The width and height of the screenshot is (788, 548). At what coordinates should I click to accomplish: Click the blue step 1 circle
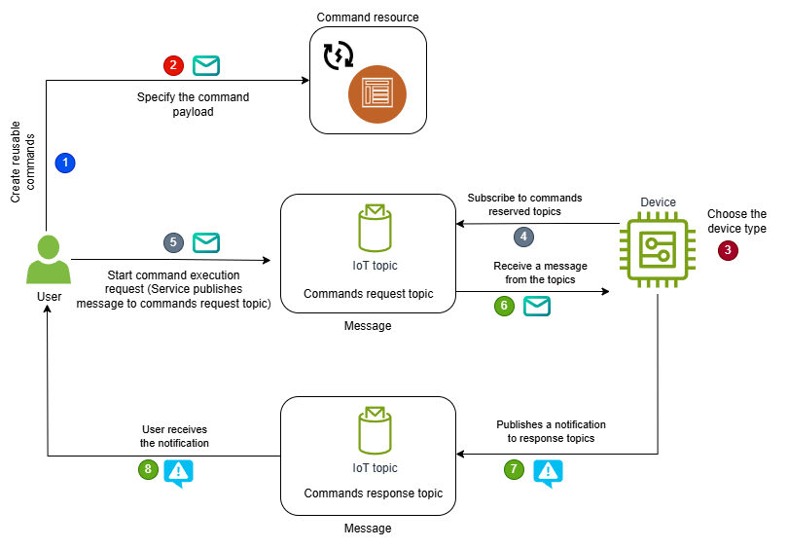tap(65, 163)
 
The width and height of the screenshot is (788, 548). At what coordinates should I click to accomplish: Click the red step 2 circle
tap(173, 66)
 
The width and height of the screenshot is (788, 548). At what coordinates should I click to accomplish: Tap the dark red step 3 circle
tap(728, 250)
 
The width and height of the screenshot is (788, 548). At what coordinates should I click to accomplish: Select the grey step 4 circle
tap(523, 237)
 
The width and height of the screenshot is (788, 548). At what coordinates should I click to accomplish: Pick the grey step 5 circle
tap(173, 242)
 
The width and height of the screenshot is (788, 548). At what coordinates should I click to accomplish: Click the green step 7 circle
tap(514, 469)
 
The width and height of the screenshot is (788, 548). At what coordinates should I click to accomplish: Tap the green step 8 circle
tap(148, 469)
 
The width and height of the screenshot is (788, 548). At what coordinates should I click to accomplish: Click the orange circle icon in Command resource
tap(376, 94)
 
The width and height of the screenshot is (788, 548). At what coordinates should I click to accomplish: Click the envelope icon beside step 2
tap(206, 66)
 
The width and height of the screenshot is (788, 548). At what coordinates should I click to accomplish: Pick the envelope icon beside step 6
tap(537, 307)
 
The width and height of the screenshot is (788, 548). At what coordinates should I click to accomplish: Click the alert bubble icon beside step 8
tap(179, 472)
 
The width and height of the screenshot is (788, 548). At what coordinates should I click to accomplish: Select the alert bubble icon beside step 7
tap(548, 472)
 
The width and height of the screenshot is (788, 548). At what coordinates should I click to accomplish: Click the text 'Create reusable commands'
tap(21, 164)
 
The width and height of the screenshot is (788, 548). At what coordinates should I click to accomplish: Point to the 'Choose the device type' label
tap(736, 221)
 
